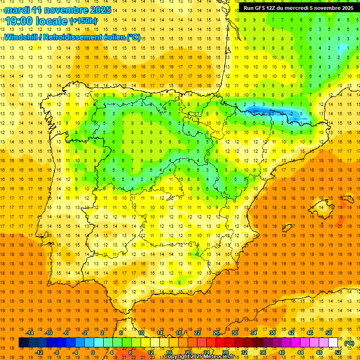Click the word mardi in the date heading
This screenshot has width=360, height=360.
click(x=17, y=9)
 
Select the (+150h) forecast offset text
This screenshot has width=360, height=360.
click(x=84, y=21)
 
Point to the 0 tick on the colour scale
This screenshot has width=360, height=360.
click(x=93, y=352)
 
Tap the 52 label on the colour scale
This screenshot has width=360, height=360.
click(x=338, y=352)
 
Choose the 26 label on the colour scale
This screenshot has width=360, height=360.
click(x=216, y=332)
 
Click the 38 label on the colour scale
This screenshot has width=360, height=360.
click(x=272, y=332)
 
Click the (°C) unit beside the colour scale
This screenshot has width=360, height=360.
click(x=349, y=343)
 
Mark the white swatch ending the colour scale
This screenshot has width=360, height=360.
click(x=333, y=343)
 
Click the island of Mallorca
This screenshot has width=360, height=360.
click(x=323, y=205)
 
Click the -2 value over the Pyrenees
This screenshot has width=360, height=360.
click(x=292, y=113)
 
